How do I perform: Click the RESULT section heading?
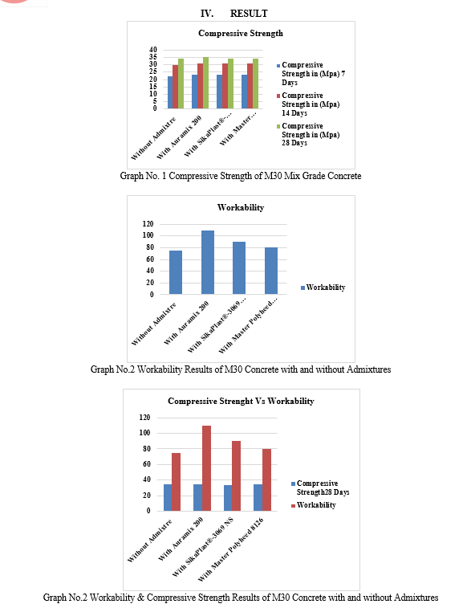(x=249, y=14)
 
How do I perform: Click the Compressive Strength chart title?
(x=241, y=33)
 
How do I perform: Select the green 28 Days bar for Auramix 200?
(x=205, y=83)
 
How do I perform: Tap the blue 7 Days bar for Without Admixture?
(x=170, y=92)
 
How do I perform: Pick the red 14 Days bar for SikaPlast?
(x=225, y=86)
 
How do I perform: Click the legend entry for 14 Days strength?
(x=308, y=104)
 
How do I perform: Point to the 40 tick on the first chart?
(x=152, y=50)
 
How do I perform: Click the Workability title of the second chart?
(x=241, y=207)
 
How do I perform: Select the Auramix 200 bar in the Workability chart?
(x=208, y=263)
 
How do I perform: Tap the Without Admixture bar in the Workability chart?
(x=176, y=272)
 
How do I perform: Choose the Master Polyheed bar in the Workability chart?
(x=271, y=271)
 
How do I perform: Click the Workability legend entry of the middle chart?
(x=323, y=288)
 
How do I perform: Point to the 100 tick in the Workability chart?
(x=148, y=235)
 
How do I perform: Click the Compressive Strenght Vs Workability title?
(x=241, y=401)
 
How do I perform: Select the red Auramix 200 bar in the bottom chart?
(x=206, y=468)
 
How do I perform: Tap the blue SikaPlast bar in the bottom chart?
(x=228, y=498)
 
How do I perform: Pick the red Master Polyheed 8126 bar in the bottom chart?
(x=266, y=479)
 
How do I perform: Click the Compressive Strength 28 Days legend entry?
(x=320, y=488)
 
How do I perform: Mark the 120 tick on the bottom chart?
(x=144, y=418)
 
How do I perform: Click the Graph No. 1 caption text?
(x=241, y=176)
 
